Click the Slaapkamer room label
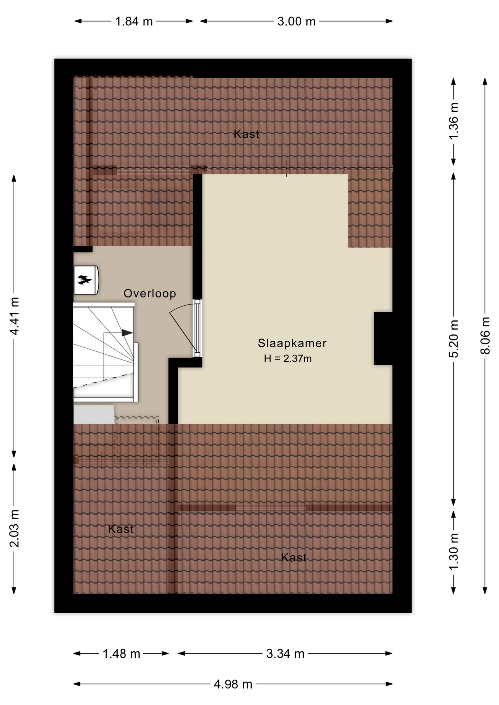[x=292, y=343]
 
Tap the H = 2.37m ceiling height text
[x=288, y=358]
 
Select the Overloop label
[x=150, y=293]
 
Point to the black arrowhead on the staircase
[x=127, y=333]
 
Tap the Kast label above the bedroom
[x=247, y=134]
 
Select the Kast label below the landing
[x=121, y=529]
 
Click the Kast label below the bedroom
[x=294, y=557]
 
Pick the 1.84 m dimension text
[x=134, y=21]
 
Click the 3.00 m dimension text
[x=296, y=21]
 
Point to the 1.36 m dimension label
[x=454, y=121]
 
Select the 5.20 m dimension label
[x=454, y=339]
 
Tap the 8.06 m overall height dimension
[x=485, y=336]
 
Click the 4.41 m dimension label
[x=14, y=316]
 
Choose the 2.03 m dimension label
[x=14, y=528]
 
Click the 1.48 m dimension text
[x=121, y=654]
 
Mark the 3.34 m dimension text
[x=286, y=654]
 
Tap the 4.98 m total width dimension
[x=233, y=684]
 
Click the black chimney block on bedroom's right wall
[x=383, y=339]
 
